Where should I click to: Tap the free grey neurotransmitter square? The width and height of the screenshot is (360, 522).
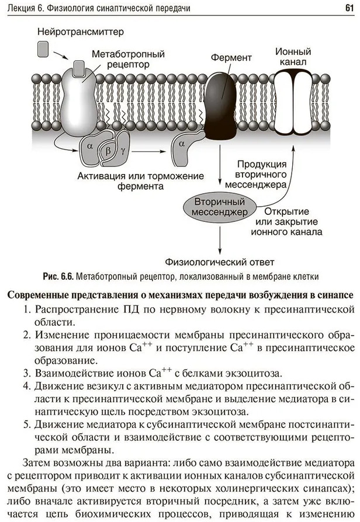[x=43, y=49]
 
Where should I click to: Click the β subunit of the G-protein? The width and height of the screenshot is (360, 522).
[x=108, y=150]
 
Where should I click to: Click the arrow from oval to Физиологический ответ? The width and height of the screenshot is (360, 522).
[x=219, y=236]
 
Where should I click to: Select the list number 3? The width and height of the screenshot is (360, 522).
[x=26, y=373]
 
